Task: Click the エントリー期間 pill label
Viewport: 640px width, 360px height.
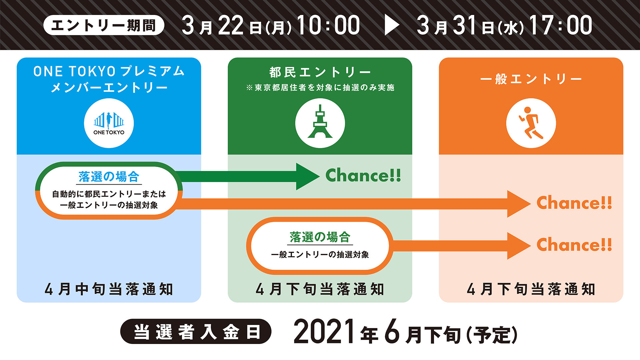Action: click(104, 25)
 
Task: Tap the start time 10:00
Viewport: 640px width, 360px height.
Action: click(328, 25)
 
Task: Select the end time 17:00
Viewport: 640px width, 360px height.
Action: click(561, 25)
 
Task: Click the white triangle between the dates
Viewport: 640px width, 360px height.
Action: click(392, 25)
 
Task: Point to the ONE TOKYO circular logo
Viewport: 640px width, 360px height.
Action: click(109, 123)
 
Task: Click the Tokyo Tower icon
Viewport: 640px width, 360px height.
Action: click(320, 123)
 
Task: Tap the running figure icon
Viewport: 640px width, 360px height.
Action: click(531, 123)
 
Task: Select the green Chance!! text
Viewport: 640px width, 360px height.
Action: click(363, 175)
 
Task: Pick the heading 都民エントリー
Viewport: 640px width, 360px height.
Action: click(320, 72)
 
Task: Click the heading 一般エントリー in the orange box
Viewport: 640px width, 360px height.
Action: click(531, 79)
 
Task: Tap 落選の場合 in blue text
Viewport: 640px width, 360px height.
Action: click(109, 177)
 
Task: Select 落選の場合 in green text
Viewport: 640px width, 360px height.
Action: click(320, 237)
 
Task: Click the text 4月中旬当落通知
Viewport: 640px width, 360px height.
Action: click(109, 289)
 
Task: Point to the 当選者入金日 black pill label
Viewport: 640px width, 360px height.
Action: click(196, 332)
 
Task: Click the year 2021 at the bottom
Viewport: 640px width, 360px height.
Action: click(324, 331)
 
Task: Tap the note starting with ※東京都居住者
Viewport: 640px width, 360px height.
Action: click(320, 88)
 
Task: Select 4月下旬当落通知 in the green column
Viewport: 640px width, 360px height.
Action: click(320, 289)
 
